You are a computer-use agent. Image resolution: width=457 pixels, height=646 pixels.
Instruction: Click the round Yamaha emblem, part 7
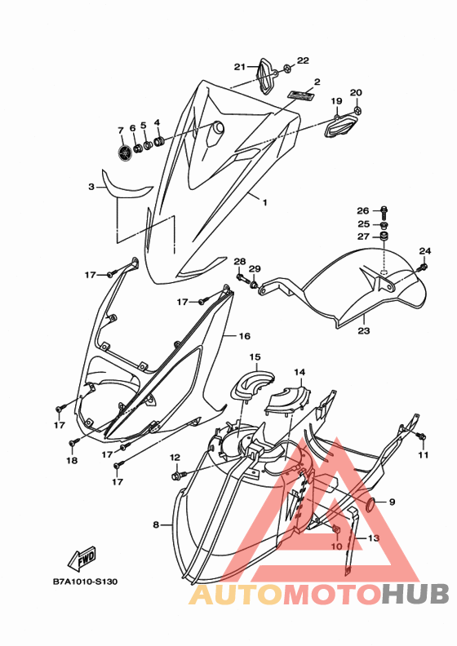coord(124,153)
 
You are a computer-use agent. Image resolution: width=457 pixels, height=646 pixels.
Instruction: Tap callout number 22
coord(303,60)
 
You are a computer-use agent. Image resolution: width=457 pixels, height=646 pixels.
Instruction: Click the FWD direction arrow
coord(82,557)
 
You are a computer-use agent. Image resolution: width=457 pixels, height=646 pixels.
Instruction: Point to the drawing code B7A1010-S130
coord(86,582)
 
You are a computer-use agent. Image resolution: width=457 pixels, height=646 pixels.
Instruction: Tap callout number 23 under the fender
coord(364,330)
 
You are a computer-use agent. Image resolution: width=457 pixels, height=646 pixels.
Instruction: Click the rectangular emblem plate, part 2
coord(301,95)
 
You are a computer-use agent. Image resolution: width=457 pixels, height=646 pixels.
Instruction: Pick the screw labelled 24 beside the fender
coord(423,268)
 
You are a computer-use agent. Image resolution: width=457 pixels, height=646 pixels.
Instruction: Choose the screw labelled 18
coord(73,442)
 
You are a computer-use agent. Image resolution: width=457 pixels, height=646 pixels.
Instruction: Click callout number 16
coord(245,337)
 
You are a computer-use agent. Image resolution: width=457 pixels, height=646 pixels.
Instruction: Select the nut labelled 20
coord(357,110)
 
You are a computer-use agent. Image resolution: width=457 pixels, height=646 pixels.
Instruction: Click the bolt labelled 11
coord(421,436)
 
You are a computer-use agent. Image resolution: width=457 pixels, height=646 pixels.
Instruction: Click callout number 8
coord(156,524)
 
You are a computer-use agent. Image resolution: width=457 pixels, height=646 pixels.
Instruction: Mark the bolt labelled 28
coord(242,279)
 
